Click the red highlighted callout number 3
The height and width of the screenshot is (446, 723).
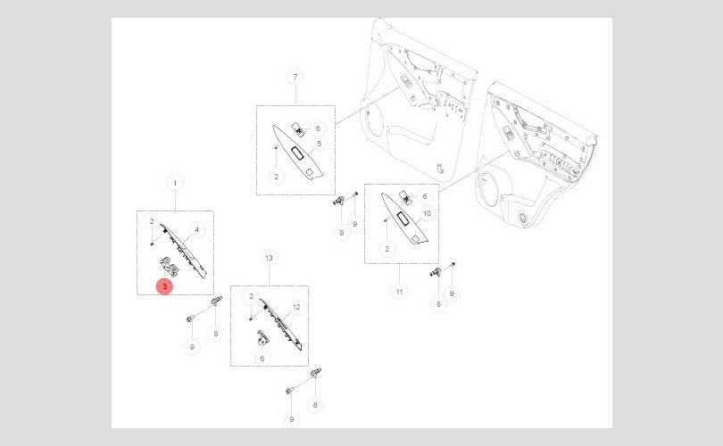165,286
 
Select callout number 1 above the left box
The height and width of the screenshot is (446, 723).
175,183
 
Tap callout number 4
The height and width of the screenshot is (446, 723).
196,229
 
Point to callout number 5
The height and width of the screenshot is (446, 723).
318,143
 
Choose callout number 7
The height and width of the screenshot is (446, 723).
295,77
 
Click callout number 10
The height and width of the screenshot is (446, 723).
427,214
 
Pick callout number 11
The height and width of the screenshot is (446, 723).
400,292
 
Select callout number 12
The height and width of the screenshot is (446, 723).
296,307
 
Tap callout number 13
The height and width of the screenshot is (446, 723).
269,257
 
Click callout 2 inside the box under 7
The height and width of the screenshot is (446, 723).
277,177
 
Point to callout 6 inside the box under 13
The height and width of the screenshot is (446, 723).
262,358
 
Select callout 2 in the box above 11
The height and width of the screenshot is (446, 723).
386,249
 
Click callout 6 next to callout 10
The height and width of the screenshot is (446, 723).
425,196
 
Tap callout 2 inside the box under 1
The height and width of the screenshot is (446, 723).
153,221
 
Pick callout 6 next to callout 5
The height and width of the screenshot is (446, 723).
317,128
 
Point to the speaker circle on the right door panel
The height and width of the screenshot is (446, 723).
490,193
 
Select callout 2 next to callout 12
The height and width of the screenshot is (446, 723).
252,296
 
